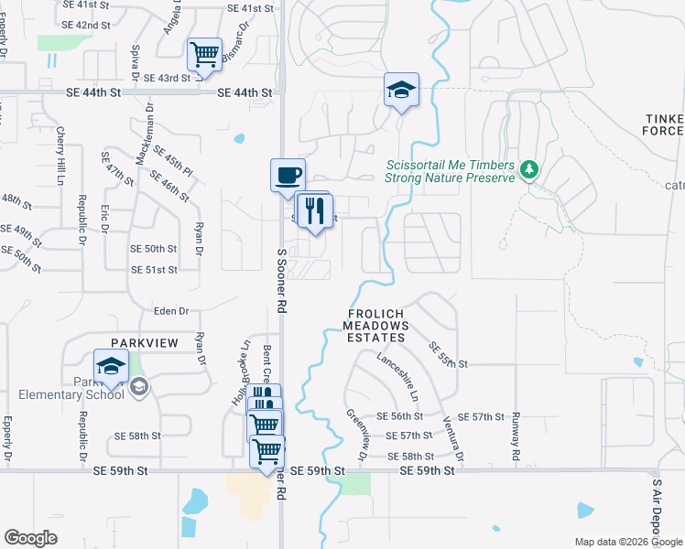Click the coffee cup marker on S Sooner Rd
288,174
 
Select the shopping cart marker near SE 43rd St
205,53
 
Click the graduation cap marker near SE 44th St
401,90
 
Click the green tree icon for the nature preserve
528,169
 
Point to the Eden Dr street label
170,311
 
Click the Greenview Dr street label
355,432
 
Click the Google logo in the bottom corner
30,538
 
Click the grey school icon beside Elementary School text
138,387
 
